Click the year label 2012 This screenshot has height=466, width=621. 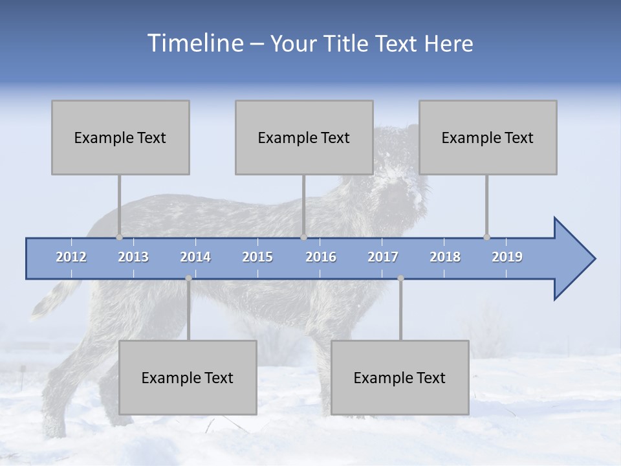[x=71, y=257]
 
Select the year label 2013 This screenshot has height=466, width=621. [x=133, y=257]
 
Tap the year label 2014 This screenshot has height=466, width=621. [x=195, y=257]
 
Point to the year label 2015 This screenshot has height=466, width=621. [x=257, y=257]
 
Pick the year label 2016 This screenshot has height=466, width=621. [x=321, y=257]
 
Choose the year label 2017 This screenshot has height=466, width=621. [x=383, y=257]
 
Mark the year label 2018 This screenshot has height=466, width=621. [x=445, y=257]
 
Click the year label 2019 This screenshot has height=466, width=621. [x=507, y=257]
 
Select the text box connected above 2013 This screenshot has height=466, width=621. [x=120, y=137]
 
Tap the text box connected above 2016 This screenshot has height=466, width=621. [x=304, y=137]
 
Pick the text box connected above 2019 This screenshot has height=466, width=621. [x=488, y=137]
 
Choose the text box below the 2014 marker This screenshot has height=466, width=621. [x=188, y=377]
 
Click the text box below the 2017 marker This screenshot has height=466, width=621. [x=400, y=377]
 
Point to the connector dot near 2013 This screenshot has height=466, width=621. [x=119, y=238]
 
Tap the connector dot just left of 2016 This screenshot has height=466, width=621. [x=303, y=238]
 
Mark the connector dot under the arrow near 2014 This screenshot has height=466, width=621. [x=188, y=278]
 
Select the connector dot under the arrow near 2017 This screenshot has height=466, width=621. [x=400, y=278]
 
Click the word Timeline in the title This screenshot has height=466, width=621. [x=195, y=43]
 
